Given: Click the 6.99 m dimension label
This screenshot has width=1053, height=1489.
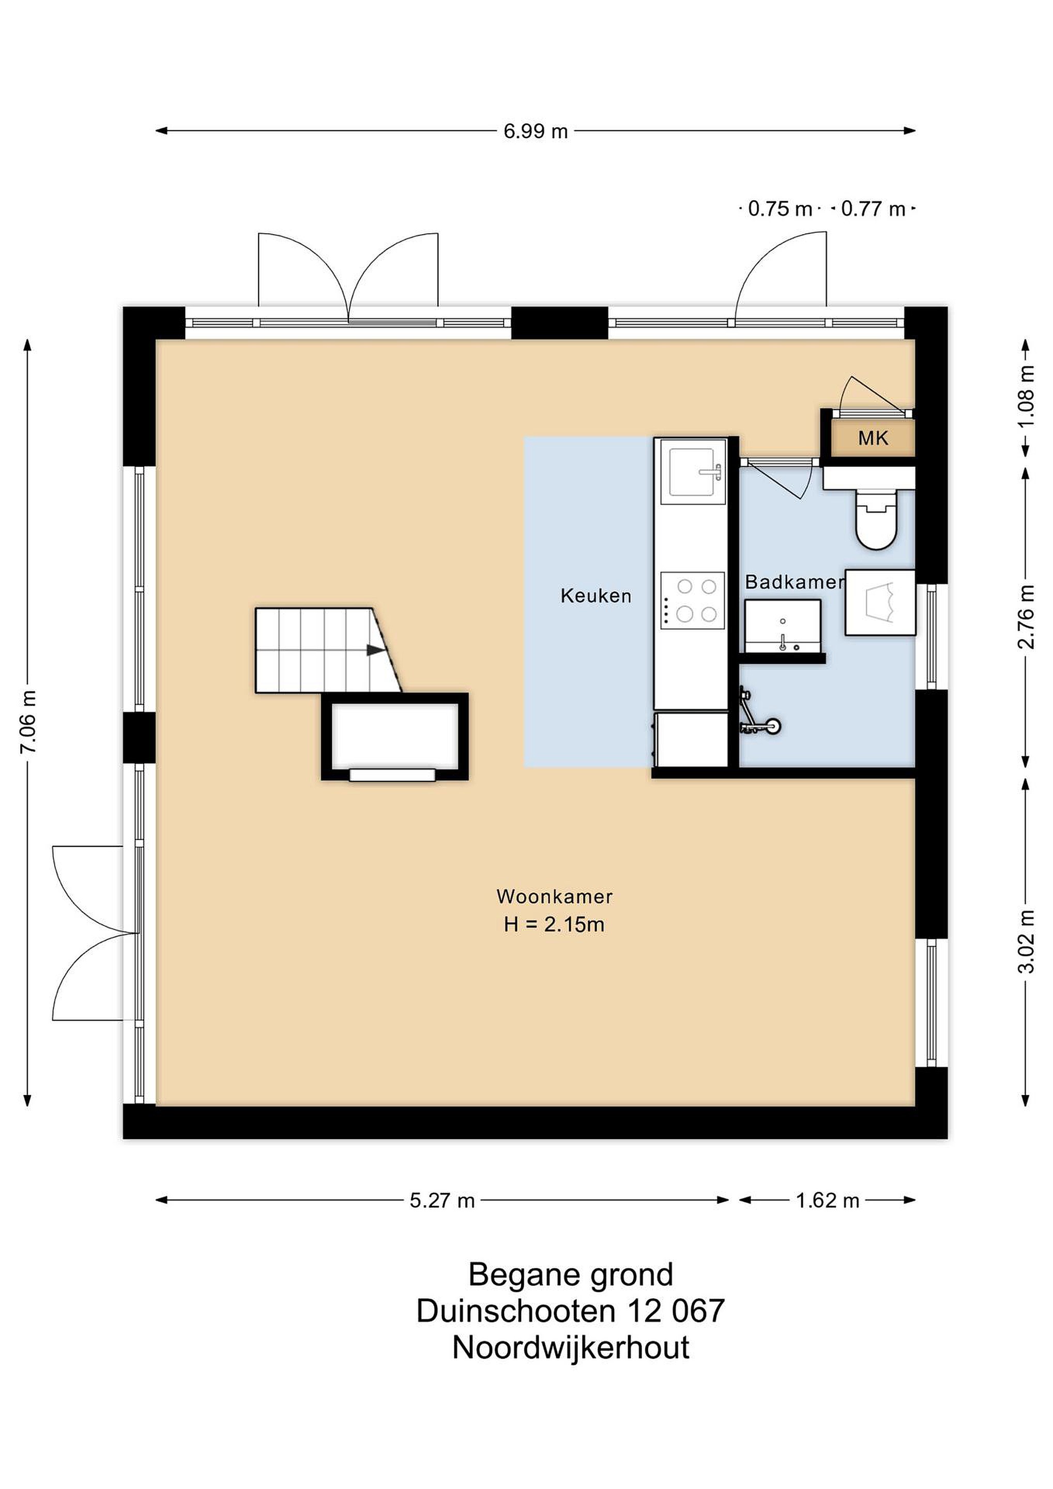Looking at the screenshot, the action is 536,132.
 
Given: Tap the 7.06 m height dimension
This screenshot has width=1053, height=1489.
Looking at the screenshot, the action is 29,722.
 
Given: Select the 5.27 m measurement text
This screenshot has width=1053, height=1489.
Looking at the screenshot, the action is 442,1201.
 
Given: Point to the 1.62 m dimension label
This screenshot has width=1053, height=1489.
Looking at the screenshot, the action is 827,1201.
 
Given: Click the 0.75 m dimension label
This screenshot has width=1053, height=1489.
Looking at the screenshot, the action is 780,209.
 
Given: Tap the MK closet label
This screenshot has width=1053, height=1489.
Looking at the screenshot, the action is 874,438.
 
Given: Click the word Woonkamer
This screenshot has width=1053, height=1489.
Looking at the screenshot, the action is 554,897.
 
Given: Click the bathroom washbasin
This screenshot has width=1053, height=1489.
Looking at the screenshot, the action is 783,626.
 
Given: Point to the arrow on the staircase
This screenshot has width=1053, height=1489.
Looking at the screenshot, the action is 375,650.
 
